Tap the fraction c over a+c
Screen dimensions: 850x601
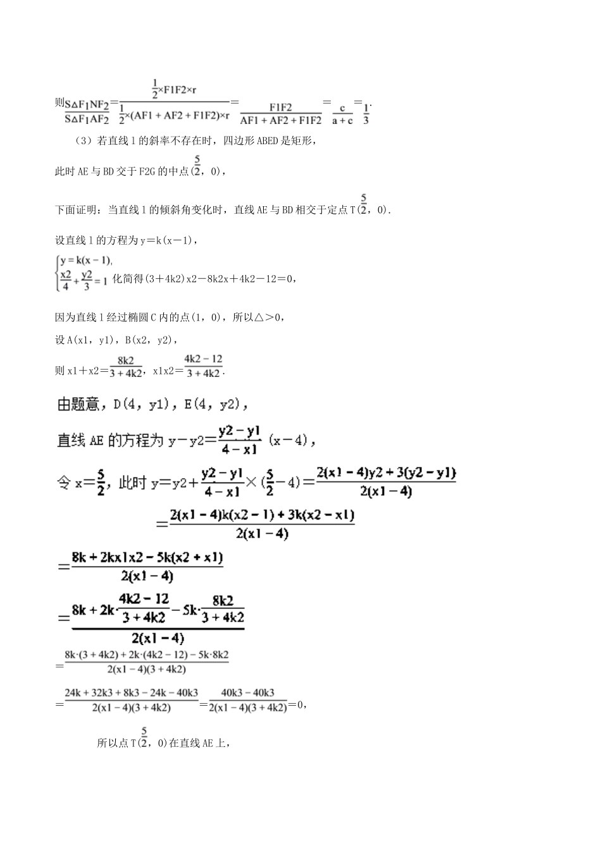coord(342,114)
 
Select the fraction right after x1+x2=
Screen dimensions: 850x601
coord(125,366)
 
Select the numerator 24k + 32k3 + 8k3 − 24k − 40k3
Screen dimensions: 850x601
coord(131,693)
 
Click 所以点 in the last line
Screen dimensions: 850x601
coord(113,743)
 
